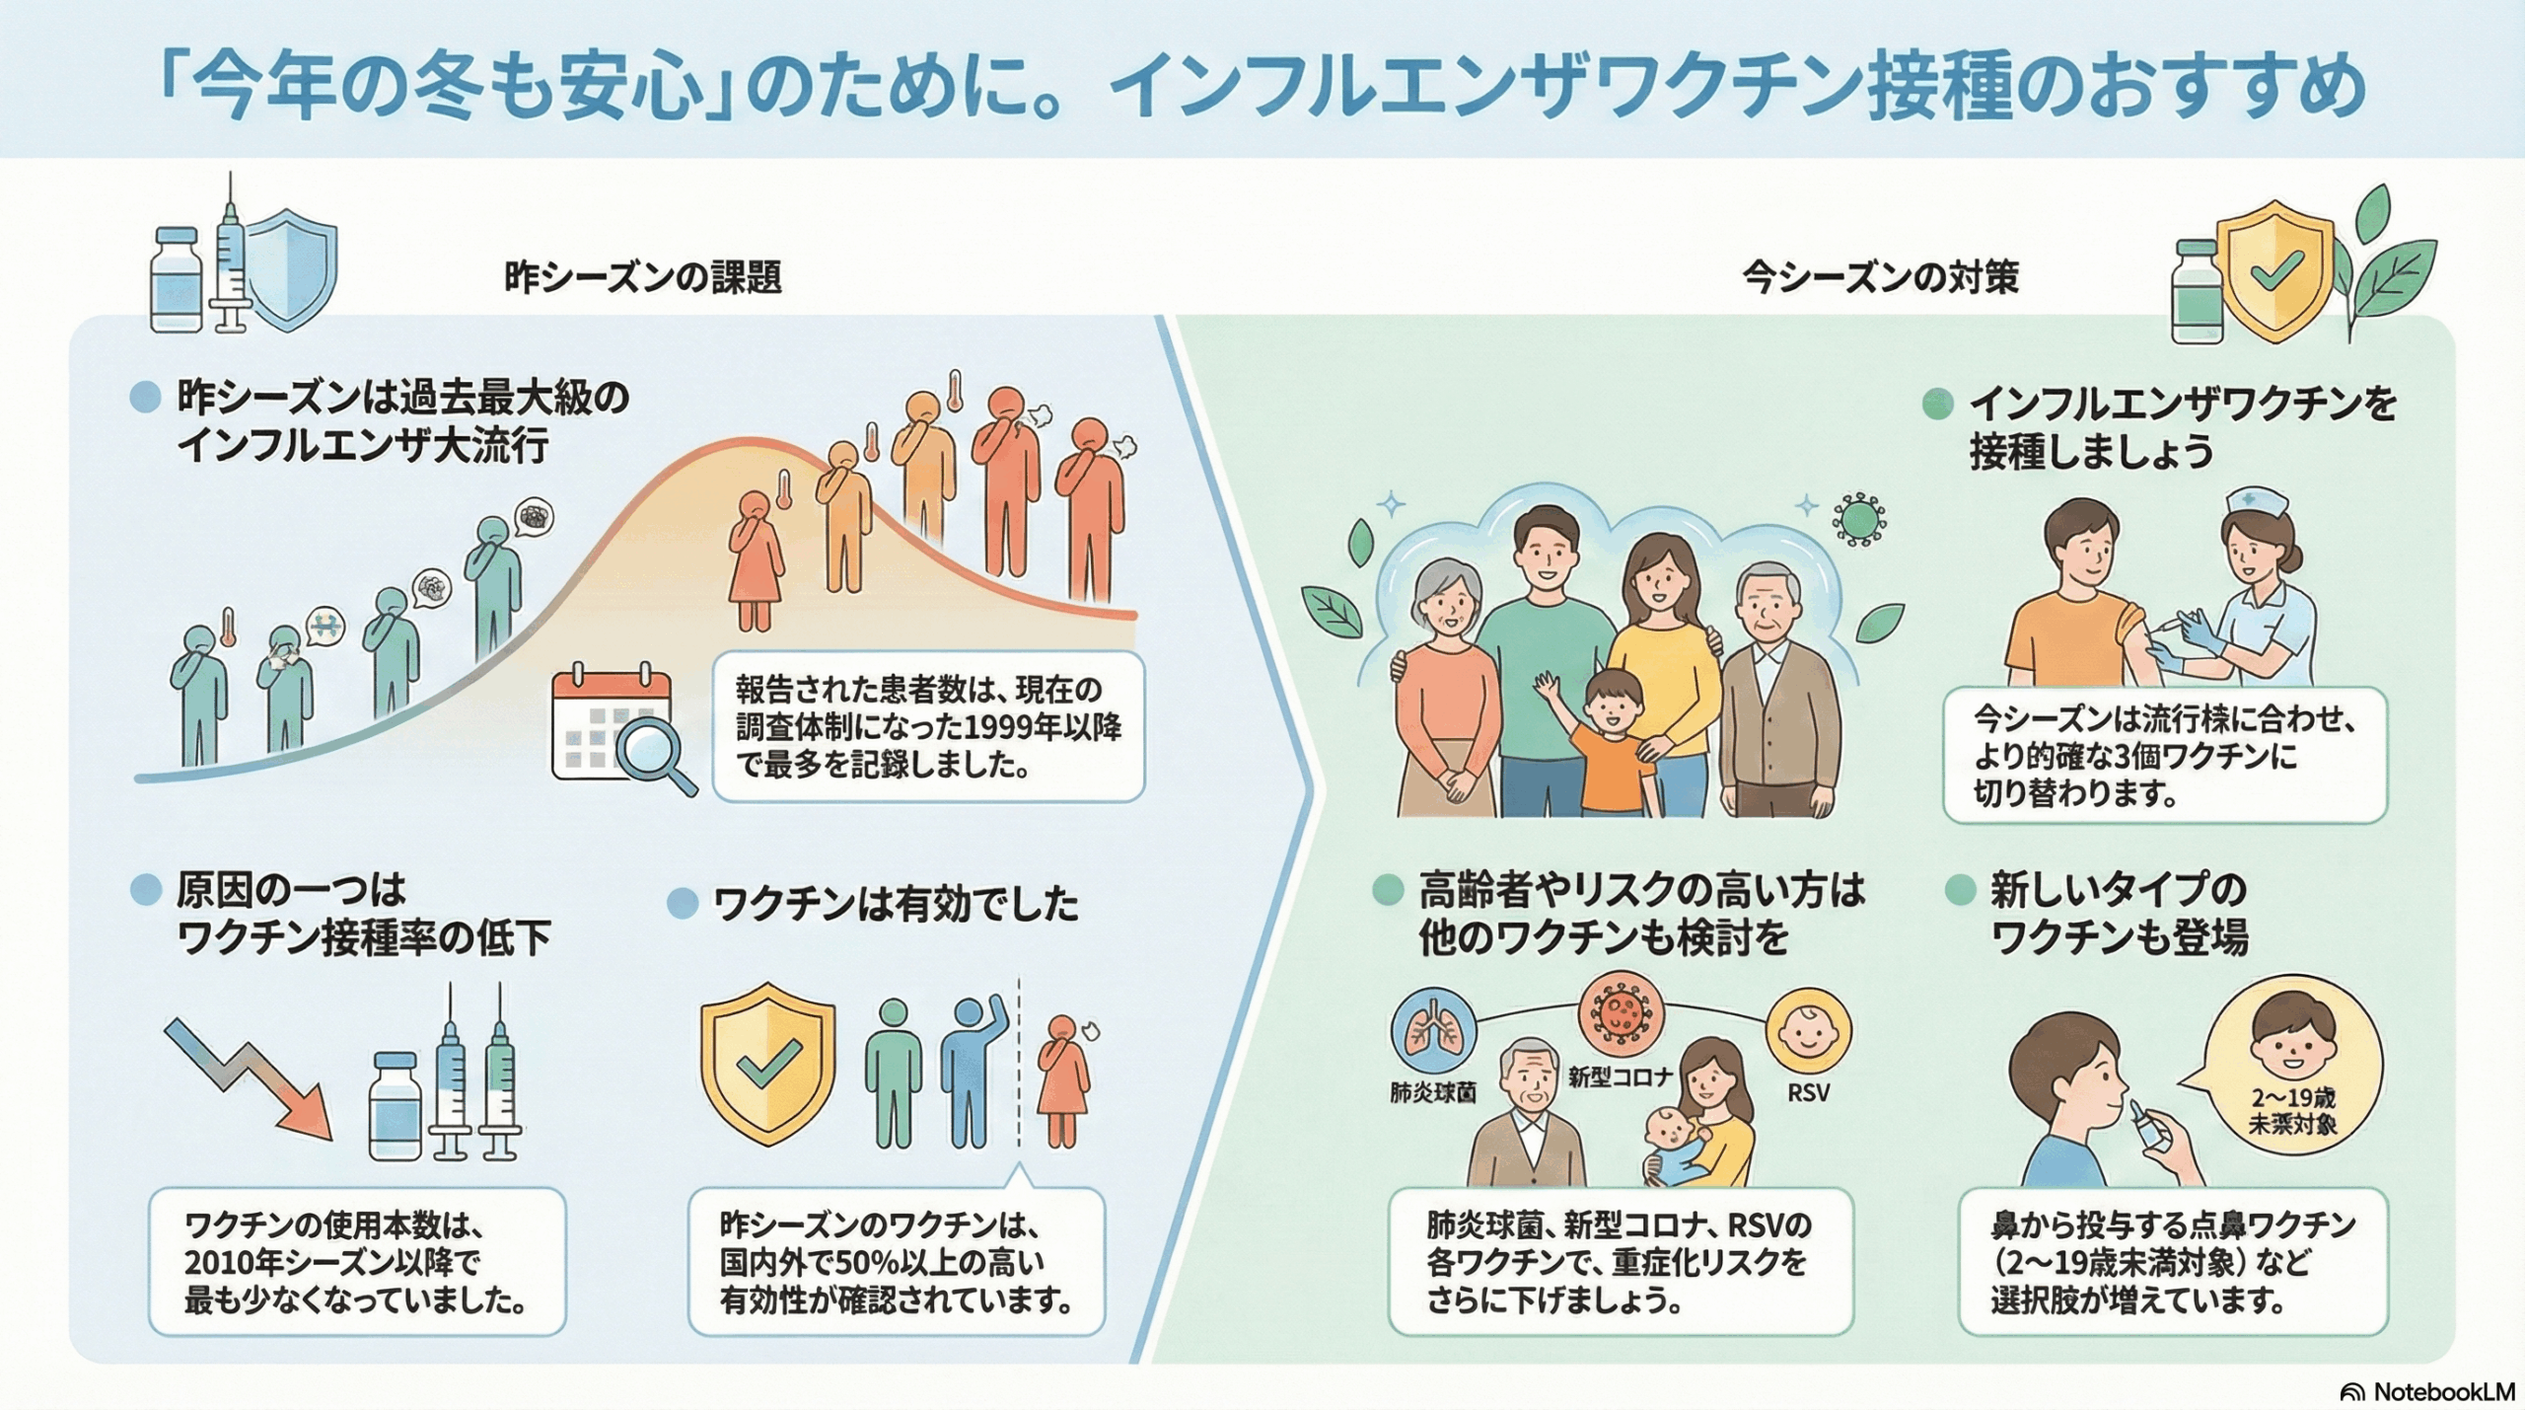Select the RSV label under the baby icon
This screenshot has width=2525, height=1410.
tap(1808, 1092)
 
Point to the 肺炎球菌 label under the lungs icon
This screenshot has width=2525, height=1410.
tap(1432, 1093)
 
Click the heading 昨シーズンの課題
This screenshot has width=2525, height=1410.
tap(643, 277)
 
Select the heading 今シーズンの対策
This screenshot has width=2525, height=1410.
tap(1880, 277)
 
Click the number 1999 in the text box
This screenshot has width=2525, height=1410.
tap(997, 727)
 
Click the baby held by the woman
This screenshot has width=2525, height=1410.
tap(1677, 1145)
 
